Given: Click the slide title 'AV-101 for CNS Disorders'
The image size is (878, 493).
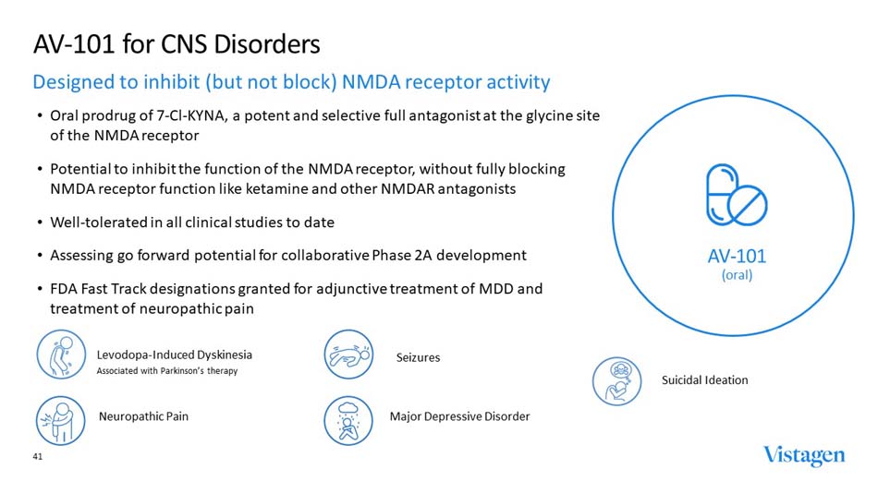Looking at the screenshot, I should pyautogui.click(x=177, y=43).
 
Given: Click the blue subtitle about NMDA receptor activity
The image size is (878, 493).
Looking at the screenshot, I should pyautogui.click(x=291, y=82).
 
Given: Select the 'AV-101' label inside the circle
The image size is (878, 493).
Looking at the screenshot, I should pyautogui.click(x=737, y=256).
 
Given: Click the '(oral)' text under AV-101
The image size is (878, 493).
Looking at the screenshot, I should pyautogui.click(x=737, y=275).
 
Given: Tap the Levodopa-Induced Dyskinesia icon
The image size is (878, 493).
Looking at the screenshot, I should pyautogui.click(x=60, y=355).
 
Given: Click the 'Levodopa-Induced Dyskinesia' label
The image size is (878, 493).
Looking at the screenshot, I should pyautogui.click(x=174, y=355).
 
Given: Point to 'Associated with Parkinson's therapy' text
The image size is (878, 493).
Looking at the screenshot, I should pyautogui.click(x=166, y=371).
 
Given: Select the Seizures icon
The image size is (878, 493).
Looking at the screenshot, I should pyautogui.click(x=348, y=355).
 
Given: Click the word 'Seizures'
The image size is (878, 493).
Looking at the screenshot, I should pyautogui.click(x=418, y=357).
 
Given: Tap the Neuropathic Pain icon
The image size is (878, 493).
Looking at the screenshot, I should pyautogui.click(x=60, y=416).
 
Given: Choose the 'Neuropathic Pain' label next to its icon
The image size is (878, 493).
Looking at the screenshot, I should pyautogui.click(x=143, y=416).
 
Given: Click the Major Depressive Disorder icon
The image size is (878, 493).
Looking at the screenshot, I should pyautogui.click(x=348, y=419).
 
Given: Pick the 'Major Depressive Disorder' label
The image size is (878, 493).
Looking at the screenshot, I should pyautogui.click(x=459, y=416).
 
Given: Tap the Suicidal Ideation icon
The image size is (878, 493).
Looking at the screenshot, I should pyautogui.click(x=616, y=381).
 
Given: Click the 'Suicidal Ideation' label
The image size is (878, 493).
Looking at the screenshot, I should pyautogui.click(x=704, y=380).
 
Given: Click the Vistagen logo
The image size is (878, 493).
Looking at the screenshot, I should pyautogui.click(x=803, y=456).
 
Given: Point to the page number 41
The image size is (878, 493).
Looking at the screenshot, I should pyautogui.click(x=39, y=456).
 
